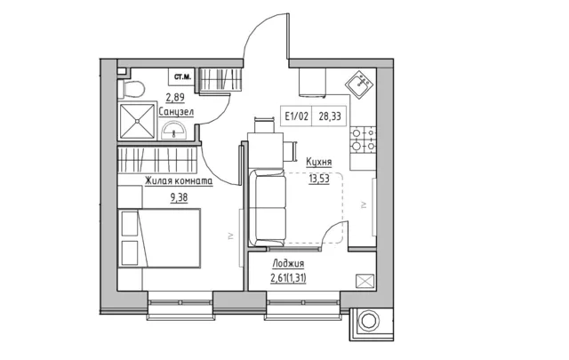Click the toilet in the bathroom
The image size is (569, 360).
pyautogui.click(x=131, y=89)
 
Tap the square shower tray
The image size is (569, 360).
pyautogui.click(x=137, y=121)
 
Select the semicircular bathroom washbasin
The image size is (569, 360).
pyautogui.click(x=174, y=131)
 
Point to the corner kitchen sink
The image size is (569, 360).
pyautogui.click(x=359, y=84)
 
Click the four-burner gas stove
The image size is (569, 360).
pyautogui.click(x=363, y=140)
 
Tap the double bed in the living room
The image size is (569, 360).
pyautogui.click(x=159, y=238)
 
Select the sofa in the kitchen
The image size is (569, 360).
pyautogui.click(x=268, y=208)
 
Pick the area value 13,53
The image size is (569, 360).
pyautogui.click(x=319, y=179)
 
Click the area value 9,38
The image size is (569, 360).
pyautogui.click(x=179, y=198)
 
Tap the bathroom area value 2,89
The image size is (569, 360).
pyautogui.click(x=175, y=98)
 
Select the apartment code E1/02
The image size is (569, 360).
pyautogui.click(x=296, y=116)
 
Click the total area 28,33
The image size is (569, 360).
pyautogui.click(x=330, y=116)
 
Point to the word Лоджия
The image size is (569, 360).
pyautogui.click(x=288, y=264)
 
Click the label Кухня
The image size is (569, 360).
pyautogui.click(x=319, y=162)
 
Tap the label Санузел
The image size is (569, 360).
pyautogui.click(x=176, y=112)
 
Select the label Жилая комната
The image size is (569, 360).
pyautogui.click(x=179, y=181)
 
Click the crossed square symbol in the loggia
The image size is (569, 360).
pyautogui.click(x=365, y=281)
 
